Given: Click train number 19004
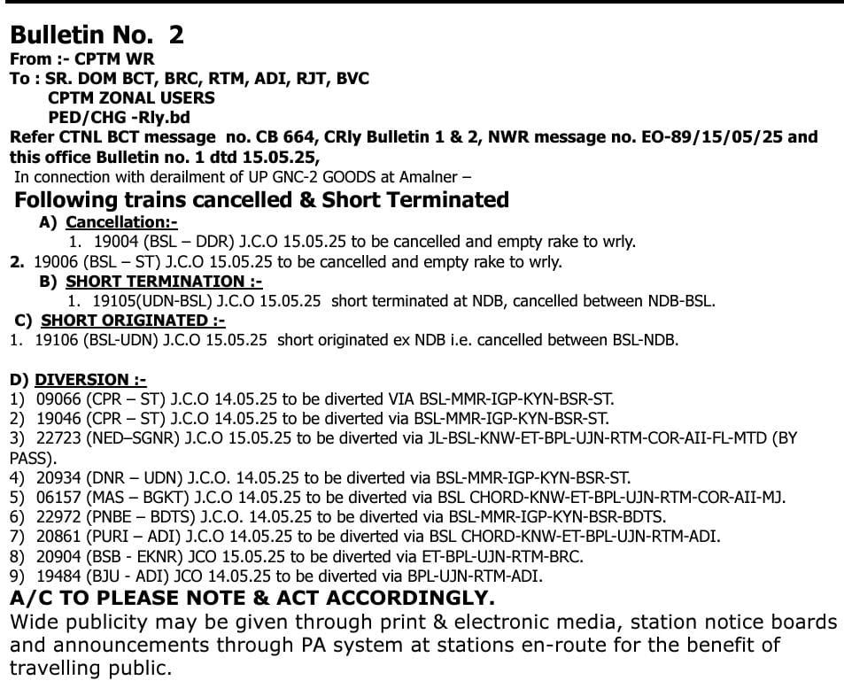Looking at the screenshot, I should [x=113, y=242].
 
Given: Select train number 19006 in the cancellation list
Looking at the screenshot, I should [x=55, y=262].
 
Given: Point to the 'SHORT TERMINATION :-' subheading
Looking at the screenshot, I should [x=164, y=282].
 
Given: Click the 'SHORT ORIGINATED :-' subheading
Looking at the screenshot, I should [x=133, y=321].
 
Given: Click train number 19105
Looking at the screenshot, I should [x=113, y=301].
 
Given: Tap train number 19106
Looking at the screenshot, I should [x=58, y=340].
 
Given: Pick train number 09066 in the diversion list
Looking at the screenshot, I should [x=58, y=399].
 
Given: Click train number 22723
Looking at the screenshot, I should [x=58, y=438].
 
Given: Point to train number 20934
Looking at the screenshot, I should [x=58, y=478].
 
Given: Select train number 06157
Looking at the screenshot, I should [x=58, y=498].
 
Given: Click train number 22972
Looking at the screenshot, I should [x=58, y=517].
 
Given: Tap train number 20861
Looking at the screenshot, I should [x=58, y=537].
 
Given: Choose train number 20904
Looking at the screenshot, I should [x=58, y=556].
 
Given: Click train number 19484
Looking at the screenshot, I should [x=58, y=576].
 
